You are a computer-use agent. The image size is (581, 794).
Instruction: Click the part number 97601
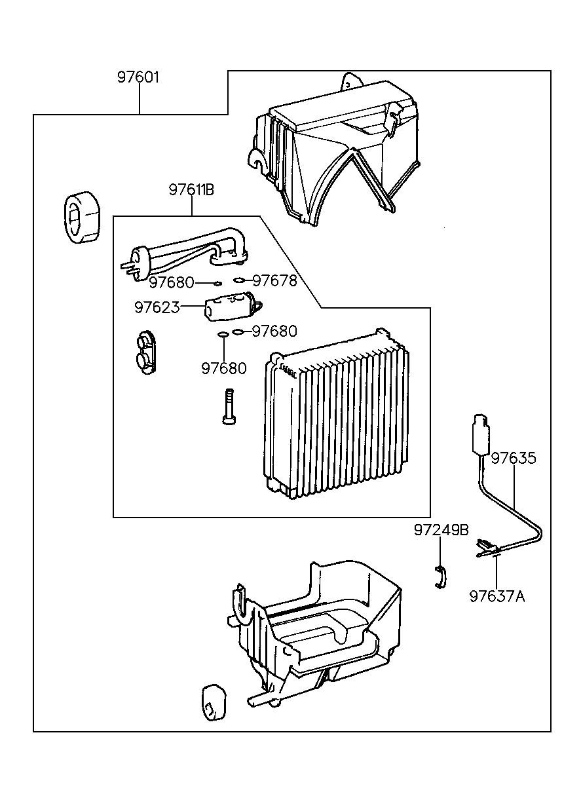pos(138,77)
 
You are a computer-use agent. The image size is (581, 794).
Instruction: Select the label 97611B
pos(191,190)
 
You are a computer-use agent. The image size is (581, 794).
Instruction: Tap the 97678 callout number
pos(274,281)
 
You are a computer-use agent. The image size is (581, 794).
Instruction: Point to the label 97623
pos(157,307)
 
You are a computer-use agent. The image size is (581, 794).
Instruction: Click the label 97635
pos(514,458)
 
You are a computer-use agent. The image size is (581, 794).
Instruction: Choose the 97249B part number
pos(441,530)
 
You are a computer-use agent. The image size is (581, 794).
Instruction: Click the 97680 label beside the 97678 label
pos(171,282)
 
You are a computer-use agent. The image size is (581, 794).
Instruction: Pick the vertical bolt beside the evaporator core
pos(227,406)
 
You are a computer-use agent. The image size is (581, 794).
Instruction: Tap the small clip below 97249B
pos(440,576)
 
